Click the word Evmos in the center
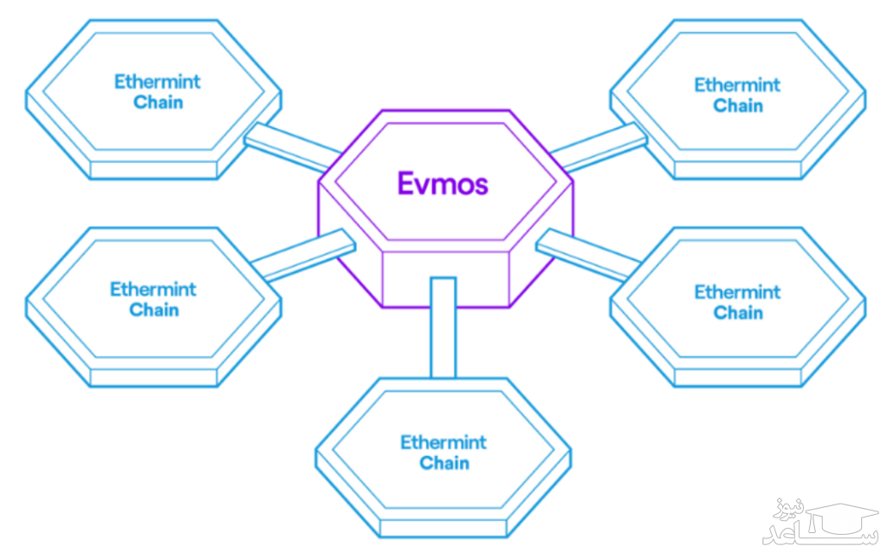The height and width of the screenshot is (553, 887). [x=443, y=183]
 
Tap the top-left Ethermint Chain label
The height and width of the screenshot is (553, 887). [x=158, y=92]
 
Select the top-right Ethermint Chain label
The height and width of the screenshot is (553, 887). [x=738, y=95]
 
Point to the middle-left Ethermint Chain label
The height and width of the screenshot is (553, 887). [x=153, y=299]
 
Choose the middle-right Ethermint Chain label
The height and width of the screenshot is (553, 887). [x=738, y=302]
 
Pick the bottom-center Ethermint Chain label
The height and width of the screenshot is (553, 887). [x=443, y=452]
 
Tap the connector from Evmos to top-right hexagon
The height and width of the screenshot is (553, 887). [x=598, y=146]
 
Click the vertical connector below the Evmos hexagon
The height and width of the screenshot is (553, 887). [x=443, y=328]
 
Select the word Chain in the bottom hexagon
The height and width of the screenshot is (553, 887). [x=444, y=463]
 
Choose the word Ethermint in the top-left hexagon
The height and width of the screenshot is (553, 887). [x=158, y=81]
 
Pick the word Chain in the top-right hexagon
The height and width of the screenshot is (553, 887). [x=738, y=106]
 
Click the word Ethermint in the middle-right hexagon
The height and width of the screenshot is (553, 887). [x=738, y=291]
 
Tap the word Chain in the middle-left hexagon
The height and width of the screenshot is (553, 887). [x=154, y=309]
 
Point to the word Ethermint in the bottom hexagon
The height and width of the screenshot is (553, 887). [x=443, y=442]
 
